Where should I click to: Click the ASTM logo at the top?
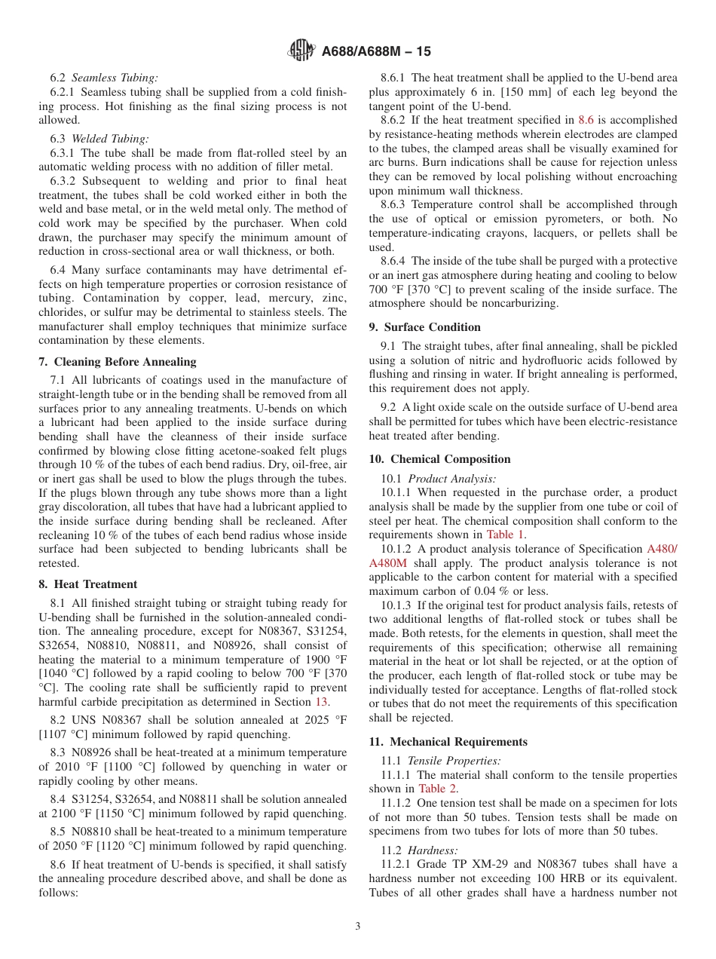click(301, 51)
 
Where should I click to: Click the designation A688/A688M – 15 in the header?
click(376, 52)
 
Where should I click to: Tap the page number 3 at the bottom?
click(358, 927)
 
